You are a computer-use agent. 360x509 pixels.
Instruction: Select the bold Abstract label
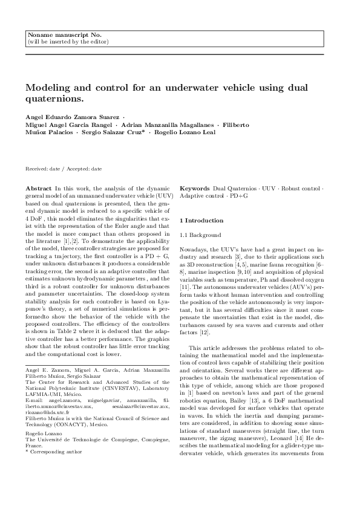[x=40, y=189]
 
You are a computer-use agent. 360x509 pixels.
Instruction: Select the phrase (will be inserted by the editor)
[x=68, y=42]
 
